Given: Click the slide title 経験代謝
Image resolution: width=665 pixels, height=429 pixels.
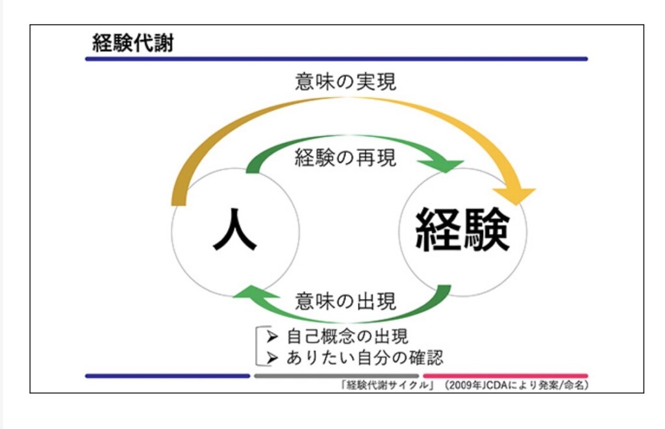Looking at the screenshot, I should coord(133,44).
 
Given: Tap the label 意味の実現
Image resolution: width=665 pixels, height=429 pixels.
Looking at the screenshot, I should coord(345,82).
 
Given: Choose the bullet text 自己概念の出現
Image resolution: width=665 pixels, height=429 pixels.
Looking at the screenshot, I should coord(347,337).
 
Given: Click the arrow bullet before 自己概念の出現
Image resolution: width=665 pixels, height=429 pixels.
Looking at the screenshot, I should coord(273,337).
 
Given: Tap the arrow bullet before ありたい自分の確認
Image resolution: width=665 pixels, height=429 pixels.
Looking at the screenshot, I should coord(273,357).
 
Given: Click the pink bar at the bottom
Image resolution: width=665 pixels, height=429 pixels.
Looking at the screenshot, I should coord(505,376).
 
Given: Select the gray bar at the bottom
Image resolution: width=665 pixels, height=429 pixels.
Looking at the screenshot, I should coord(336,376).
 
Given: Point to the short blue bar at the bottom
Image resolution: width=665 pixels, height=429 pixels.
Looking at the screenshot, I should coord(168,376).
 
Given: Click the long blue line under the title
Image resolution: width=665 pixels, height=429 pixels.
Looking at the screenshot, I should coord(336,59).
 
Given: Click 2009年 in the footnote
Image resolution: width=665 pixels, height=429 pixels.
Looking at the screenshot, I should coord(464,385).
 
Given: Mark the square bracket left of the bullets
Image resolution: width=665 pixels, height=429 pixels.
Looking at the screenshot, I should coord(260,346).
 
